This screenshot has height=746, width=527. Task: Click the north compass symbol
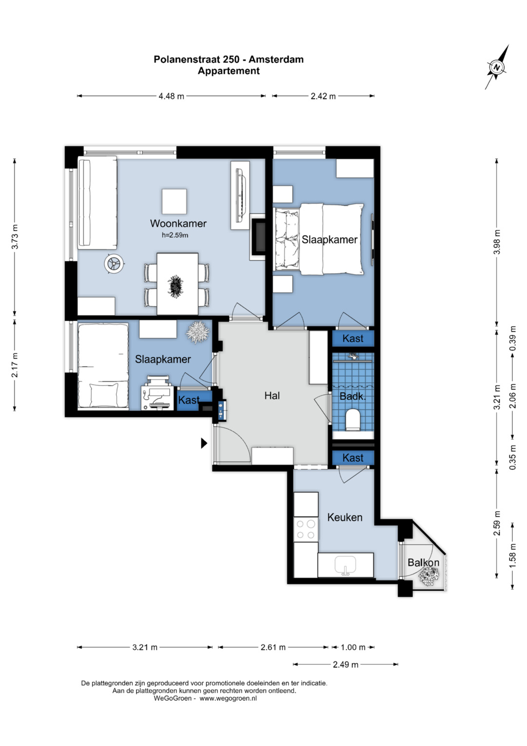coord(497,67)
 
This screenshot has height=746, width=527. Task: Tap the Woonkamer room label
coord(178,223)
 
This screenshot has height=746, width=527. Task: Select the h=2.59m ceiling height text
coord(175,235)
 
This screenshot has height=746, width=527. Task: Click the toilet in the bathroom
coord(353,420)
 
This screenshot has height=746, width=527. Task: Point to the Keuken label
coord(345,517)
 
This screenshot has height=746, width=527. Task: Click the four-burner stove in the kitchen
coord(306,529)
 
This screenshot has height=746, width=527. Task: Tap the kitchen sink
coord(345,564)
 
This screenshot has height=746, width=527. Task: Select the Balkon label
coord(423,562)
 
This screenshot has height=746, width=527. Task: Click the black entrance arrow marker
coord(204,443)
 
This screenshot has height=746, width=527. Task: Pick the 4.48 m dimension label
coord(171,96)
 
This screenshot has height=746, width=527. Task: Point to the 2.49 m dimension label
coord(345,665)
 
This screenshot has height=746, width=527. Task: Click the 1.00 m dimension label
coord(353,647)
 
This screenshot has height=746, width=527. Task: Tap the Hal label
coord(272,396)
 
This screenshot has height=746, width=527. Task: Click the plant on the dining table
coord(175,285)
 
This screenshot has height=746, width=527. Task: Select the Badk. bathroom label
coord(353,397)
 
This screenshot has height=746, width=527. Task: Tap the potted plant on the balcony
coord(429,576)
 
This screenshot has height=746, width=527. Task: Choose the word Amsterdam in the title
coord(276,60)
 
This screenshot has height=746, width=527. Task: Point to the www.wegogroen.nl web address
coord(228,699)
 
